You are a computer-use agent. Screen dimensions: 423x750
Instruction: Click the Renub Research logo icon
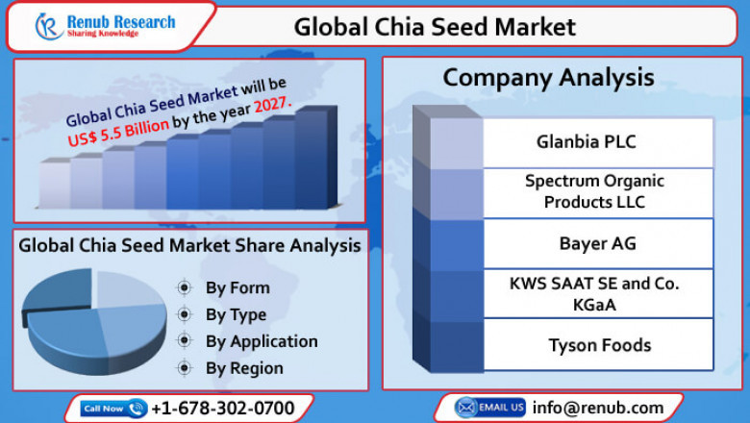(x=49, y=26)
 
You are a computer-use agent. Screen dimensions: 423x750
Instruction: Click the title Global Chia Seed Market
(x=435, y=26)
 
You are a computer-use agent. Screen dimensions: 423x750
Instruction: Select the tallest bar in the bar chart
(x=312, y=158)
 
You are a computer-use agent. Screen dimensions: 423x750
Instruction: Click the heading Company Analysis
(x=548, y=77)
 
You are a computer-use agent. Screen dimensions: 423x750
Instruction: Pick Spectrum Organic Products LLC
(x=594, y=191)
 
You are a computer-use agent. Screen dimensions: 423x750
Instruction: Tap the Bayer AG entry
(x=596, y=243)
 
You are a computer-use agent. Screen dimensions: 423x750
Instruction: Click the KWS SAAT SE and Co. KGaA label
(x=594, y=293)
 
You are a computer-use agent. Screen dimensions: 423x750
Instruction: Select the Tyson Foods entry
(x=599, y=344)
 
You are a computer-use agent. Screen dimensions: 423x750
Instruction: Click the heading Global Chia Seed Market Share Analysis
(x=189, y=245)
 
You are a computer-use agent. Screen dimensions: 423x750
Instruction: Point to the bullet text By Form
(x=237, y=287)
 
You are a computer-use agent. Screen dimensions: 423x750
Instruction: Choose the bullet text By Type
(x=237, y=314)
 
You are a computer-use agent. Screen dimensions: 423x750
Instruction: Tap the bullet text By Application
(x=262, y=341)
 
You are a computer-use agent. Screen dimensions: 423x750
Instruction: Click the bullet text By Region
(x=244, y=368)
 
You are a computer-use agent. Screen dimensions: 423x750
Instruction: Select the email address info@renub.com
(x=598, y=408)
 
